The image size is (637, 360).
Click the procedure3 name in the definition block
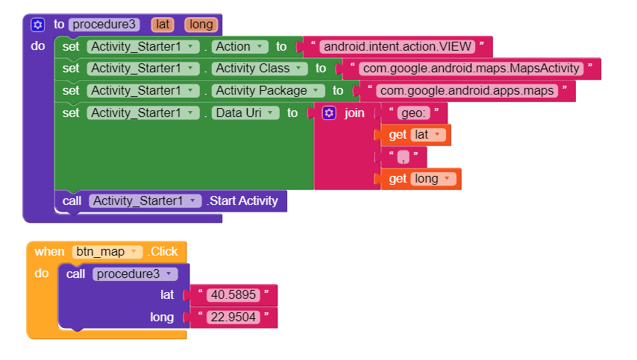click(104, 25)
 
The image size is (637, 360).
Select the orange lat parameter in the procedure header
click(162, 25)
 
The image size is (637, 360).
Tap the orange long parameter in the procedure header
click(201, 25)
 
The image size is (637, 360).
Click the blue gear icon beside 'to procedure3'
click(37, 25)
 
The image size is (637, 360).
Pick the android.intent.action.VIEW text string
click(396, 46)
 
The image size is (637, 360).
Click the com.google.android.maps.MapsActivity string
click(470, 69)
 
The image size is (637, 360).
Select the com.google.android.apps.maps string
click(467, 90)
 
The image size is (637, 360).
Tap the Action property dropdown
click(240, 46)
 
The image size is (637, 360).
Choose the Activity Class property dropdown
click(260, 69)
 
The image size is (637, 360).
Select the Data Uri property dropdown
click(246, 113)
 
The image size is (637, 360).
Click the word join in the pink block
click(354, 113)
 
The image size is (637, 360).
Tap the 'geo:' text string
click(413, 113)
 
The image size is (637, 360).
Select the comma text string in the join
click(404, 157)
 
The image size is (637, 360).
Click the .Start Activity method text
click(242, 200)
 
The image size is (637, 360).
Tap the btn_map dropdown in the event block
click(107, 252)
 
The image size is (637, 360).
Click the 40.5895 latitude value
click(233, 294)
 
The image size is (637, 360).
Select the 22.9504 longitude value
click(233, 317)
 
